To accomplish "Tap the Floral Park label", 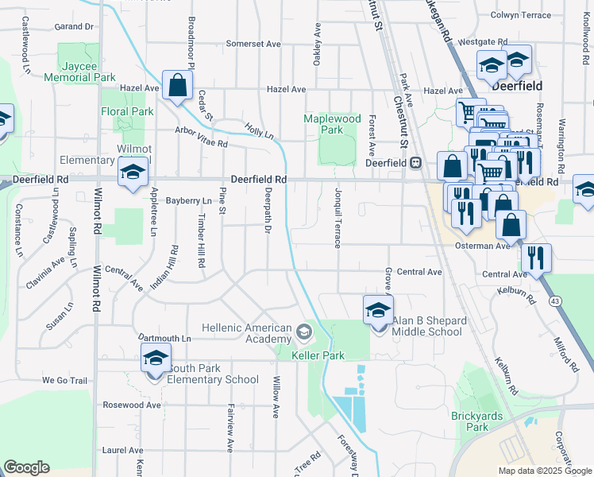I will tap(127, 111).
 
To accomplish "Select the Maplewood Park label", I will tap(332, 124).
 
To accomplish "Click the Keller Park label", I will tap(318, 355).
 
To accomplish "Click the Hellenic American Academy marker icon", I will tap(303, 330).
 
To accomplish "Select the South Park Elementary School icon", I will tap(156, 358).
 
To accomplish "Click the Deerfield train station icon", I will tap(415, 162).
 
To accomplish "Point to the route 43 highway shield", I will tap(554, 301).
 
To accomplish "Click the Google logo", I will tap(26, 467).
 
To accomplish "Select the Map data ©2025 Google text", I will tap(544, 470).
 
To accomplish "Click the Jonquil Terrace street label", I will tap(337, 223).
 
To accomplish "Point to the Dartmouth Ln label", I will tap(164, 339).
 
